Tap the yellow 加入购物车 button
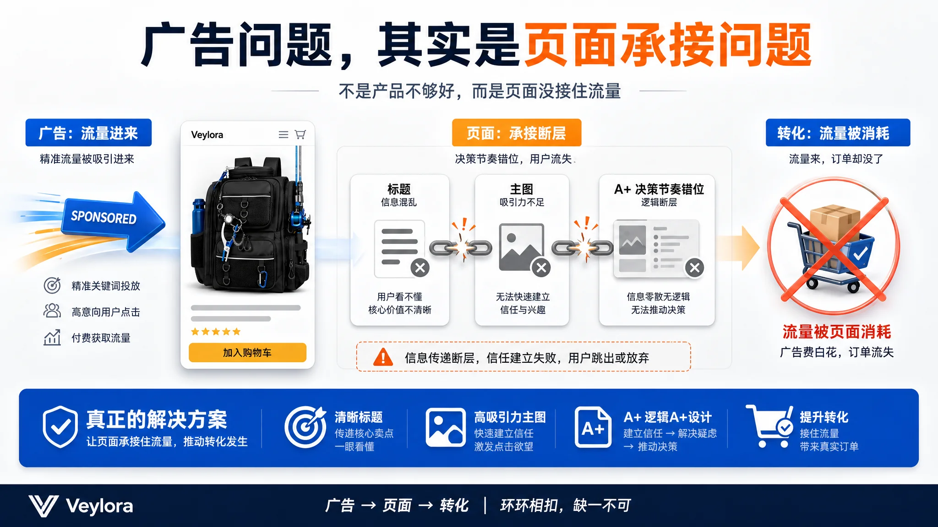(x=247, y=353)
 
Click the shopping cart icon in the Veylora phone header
(x=300, y=134)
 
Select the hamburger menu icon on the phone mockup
(x=284, y=134)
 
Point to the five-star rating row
(x=216, y=332)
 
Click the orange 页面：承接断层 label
(x=517, y=133)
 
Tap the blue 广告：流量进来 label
(x=88, y=133)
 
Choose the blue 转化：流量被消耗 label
(x=838, y=133)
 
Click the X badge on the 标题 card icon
(x=420, y=268)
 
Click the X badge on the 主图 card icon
(x=541, y=268)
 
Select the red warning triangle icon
(x=383, y=357)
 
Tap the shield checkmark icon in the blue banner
(x=60, y=427)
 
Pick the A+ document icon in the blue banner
(x=593, y=427)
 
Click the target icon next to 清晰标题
(x=305, y=427)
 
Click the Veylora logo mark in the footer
(x=44, y=506)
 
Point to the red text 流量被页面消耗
(x=837, y=332)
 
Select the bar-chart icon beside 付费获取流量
(x=52, y=338)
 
